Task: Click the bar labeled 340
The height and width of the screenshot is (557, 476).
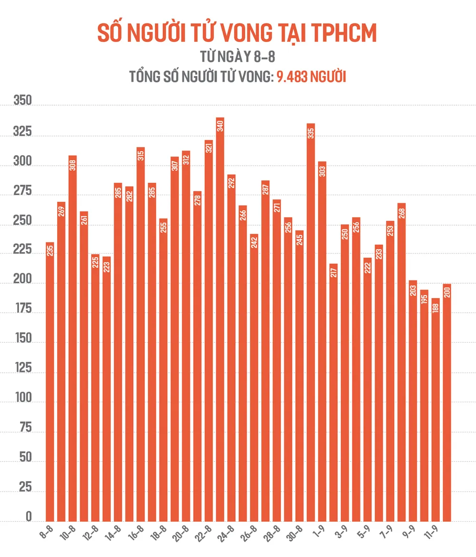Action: (220, 319)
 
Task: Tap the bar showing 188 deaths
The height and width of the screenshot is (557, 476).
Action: (436, 409)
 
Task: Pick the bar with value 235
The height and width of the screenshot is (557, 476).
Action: (50, 381)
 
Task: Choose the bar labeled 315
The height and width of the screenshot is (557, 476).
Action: (140, 333)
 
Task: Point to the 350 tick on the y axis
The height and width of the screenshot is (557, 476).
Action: (22, 101)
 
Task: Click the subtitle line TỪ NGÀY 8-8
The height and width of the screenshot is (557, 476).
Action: (238, 57)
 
